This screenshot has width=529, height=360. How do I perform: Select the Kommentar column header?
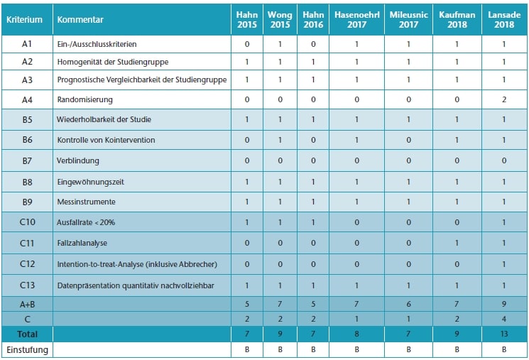[80, 20]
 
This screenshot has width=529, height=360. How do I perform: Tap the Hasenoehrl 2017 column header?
[356, 20]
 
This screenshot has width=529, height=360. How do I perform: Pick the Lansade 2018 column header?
[504, 20]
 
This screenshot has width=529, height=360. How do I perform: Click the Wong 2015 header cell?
[280, 20]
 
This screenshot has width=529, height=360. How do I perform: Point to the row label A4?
[27, 100]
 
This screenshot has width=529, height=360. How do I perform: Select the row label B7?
[27, 161]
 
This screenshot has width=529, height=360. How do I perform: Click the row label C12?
[27, 265]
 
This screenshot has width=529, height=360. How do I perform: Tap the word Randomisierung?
[84, 100]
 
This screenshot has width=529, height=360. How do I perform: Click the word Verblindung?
[77, 161]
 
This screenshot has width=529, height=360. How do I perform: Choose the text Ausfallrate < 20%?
[86, 223]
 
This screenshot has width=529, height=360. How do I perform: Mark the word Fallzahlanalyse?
[82, 244]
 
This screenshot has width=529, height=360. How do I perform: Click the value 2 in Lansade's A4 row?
[504, 100]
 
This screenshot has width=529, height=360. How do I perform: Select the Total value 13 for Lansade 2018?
[504, 333]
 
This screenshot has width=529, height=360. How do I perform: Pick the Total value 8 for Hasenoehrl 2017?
[356, 333]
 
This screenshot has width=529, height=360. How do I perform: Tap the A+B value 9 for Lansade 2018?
[504, 305]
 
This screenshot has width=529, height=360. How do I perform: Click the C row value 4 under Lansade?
[504, 318]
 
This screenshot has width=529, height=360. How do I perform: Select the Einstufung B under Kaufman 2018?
[457, 349]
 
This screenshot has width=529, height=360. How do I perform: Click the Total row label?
[27, 333]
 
